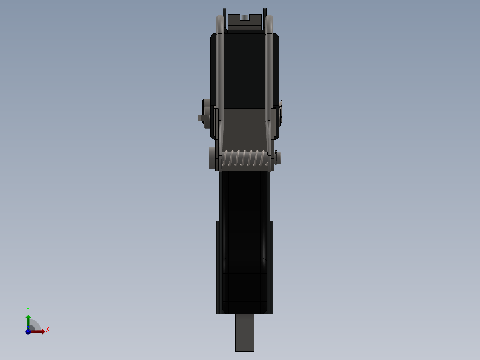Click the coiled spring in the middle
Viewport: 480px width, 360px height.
245,159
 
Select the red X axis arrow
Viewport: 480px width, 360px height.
38,331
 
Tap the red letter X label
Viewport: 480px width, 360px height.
48,330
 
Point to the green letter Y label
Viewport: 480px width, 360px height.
28,309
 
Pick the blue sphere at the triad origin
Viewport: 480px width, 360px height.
28,331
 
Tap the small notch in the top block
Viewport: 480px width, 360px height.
244,18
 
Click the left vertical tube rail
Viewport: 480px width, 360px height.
220,71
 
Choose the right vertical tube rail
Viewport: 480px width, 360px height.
269,71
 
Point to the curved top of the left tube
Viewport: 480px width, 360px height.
220,20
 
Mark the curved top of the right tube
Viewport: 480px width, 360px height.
269,20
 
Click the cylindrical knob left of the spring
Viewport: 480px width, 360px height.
212,158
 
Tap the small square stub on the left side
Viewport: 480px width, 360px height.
202,118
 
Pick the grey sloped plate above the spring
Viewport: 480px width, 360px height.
244,129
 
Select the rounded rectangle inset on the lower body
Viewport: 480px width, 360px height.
244,285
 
